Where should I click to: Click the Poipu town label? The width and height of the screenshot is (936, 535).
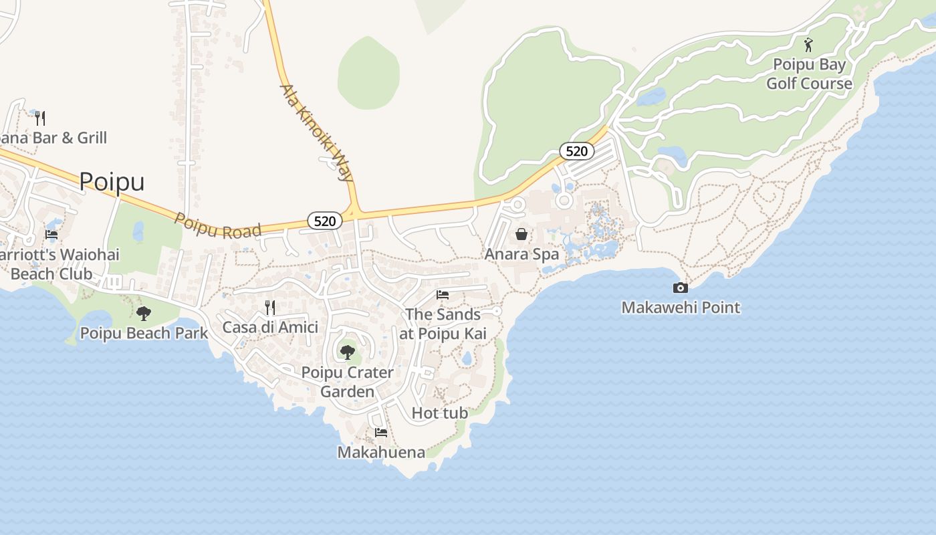[112, 181]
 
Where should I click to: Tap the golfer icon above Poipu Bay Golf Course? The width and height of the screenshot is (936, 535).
[808, 45]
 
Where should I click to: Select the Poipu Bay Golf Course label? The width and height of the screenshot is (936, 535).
[809, 74]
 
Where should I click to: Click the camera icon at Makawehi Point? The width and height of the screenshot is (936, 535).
[680, 288]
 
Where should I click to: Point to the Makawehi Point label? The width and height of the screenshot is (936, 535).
[681, 308]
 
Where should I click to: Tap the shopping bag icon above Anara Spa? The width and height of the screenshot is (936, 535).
[521, 234]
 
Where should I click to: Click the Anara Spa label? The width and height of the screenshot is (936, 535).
[521, 254]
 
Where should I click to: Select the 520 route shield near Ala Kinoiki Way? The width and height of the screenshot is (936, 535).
[325, 221]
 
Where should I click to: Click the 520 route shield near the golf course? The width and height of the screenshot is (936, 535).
[576, 151]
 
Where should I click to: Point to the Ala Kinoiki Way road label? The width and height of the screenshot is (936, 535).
[316, 133]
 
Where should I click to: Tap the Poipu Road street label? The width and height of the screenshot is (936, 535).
[217, 226]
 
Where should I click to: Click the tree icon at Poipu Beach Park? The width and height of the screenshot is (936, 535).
[144, 313]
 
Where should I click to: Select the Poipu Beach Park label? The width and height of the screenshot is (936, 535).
[144, 332]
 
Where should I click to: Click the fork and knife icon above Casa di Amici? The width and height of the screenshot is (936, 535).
[270, 308]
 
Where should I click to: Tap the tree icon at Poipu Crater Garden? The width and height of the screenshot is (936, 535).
[347, 352]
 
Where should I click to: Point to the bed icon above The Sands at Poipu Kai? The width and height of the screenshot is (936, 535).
[443, 294]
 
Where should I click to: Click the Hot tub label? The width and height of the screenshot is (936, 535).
[439, 413]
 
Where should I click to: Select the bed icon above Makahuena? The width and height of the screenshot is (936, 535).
[381, 432]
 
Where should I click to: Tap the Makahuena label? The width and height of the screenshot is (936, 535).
[381, 452]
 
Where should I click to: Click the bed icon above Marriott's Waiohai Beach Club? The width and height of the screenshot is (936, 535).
[51, 235]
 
